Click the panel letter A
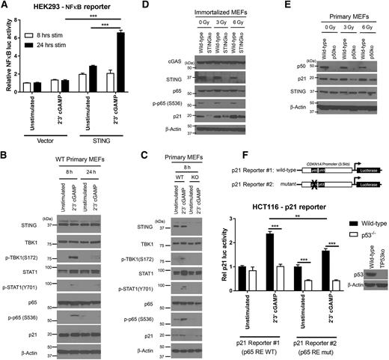(x=5, y=6)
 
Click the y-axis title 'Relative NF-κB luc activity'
(x=7, y=61)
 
